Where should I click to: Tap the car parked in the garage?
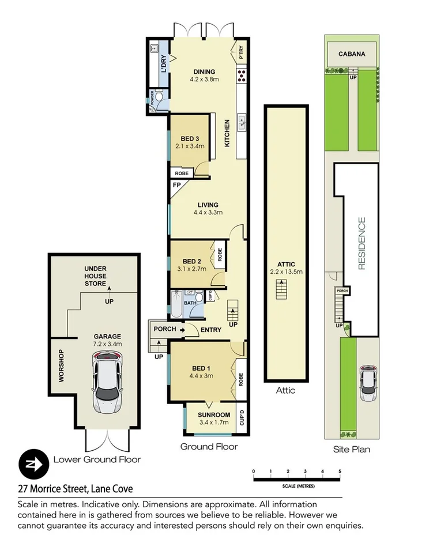107,381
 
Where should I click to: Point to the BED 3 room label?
190,138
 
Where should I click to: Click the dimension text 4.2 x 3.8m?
205,80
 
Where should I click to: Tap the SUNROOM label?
214,414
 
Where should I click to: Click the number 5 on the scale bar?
340,472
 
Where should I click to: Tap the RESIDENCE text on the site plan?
362,243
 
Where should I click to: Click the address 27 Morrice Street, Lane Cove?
76,489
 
